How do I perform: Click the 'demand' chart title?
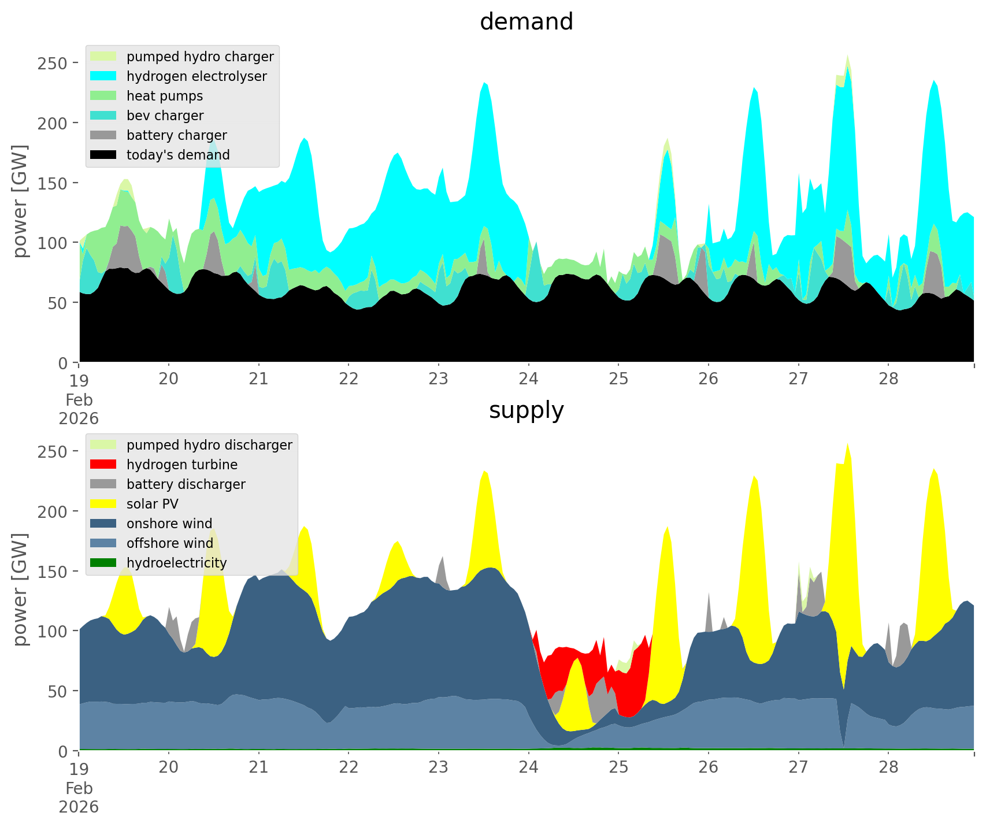[x=526, y=22]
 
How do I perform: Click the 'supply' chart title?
[x=526, y=410]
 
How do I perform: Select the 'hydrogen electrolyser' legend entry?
[x=197, y=76]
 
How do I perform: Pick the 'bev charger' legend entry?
[x=165, y=116]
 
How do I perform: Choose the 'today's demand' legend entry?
[x=178, y=155]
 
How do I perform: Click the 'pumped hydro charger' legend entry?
[x=200, y=57]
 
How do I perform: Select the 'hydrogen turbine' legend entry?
[x=182, y=465]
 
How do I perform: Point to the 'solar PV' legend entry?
[x=153, y=504]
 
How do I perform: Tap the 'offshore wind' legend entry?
[x=169, y=543]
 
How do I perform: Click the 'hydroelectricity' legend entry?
[x=176, y=563]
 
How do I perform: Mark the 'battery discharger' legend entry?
[x=186, y=484]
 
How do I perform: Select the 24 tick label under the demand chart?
[x=528, y=379]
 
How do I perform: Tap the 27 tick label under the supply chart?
[x=798, y=767]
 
